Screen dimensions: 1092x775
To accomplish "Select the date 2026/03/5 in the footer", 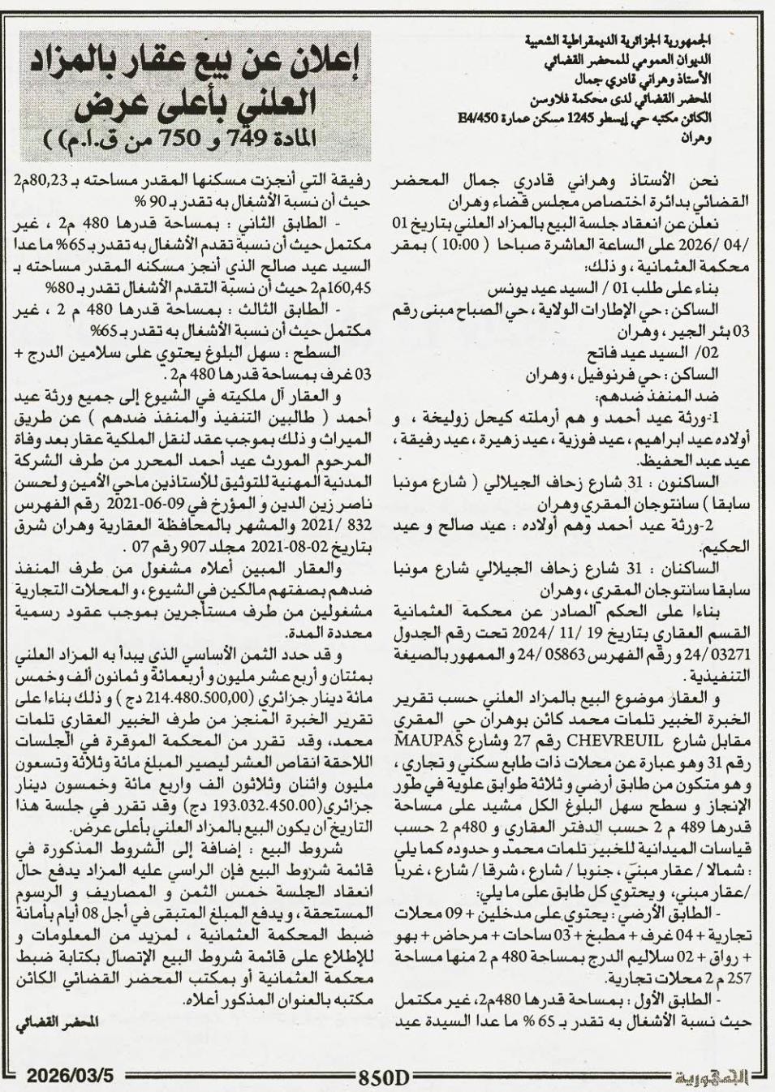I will pyautogui.click(x=71, y=1075).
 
